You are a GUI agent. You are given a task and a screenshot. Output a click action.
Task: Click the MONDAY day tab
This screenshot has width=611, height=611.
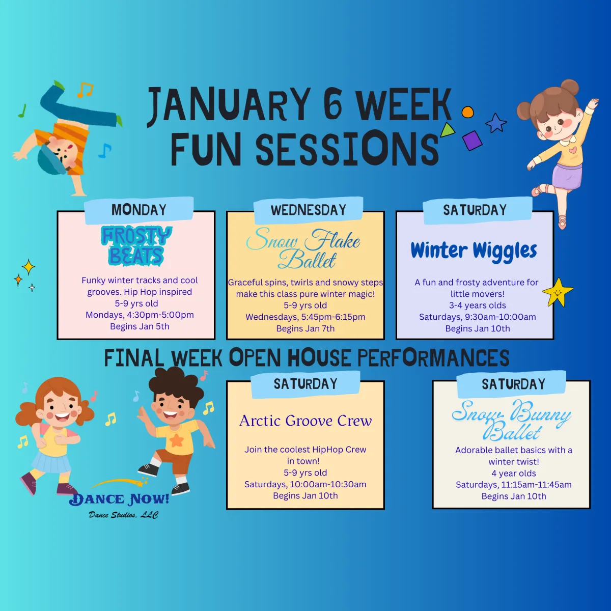click(138, 210)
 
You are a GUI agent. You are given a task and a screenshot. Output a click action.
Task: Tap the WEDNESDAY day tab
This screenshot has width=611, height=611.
click(308, 210)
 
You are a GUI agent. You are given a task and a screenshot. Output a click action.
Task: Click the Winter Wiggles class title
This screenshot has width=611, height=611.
click(474, 251)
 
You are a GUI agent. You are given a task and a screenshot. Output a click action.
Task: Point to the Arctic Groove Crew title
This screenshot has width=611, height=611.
click(305, 421)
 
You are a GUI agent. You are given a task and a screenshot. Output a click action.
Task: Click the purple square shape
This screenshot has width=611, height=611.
click(472, 140)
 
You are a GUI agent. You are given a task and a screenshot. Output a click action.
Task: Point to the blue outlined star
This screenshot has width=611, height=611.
click(496, 123)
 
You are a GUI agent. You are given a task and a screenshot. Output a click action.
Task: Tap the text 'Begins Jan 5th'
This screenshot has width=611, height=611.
click(140, 326)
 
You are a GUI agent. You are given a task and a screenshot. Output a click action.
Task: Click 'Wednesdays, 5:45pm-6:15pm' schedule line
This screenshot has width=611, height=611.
click(305, 317)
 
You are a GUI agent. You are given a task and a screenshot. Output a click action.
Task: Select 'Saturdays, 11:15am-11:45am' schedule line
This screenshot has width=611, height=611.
click(513, 485)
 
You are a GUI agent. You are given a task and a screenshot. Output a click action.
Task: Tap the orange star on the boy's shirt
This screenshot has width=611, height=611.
click(176, 439)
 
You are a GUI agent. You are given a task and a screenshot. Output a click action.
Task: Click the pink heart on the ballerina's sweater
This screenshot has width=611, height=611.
click(573, 150)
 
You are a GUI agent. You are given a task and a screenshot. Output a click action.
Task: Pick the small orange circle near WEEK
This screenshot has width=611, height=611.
click(467, 112)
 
